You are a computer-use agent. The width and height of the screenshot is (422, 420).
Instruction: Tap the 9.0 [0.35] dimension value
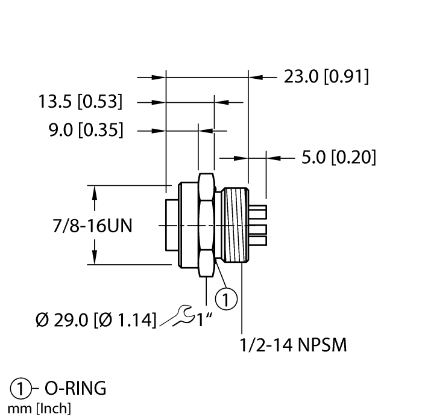[84, 129]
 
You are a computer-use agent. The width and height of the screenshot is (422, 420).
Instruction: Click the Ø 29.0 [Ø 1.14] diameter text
[94, 318]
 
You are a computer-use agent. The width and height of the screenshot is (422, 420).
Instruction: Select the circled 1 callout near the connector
[225, 297]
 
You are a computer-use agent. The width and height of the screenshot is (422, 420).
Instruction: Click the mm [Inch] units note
[37, 410]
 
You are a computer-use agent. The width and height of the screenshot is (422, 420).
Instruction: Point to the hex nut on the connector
[206, 226]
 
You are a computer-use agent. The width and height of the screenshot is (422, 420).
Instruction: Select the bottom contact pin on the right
[257, 240]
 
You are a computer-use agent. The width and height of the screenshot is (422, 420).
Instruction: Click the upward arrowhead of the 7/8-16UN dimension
[95, 192]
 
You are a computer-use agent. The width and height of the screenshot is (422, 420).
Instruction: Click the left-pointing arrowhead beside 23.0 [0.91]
[256, 77]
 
